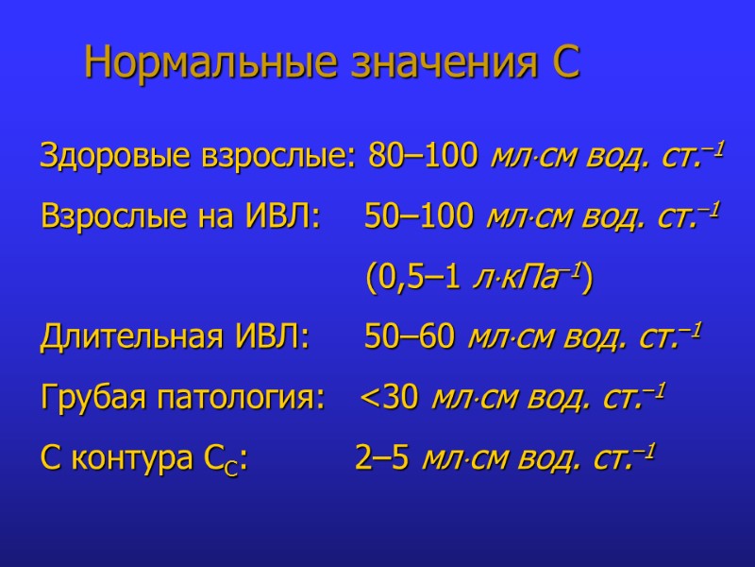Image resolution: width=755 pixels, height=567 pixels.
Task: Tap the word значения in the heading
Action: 439,64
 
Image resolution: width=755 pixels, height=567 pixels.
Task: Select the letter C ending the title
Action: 564,64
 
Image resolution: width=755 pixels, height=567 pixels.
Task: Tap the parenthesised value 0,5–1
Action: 420,279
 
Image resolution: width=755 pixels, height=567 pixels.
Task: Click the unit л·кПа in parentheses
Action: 528,278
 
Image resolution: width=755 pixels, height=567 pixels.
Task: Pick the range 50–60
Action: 410,338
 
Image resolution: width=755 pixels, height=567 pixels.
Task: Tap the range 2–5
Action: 381,459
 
